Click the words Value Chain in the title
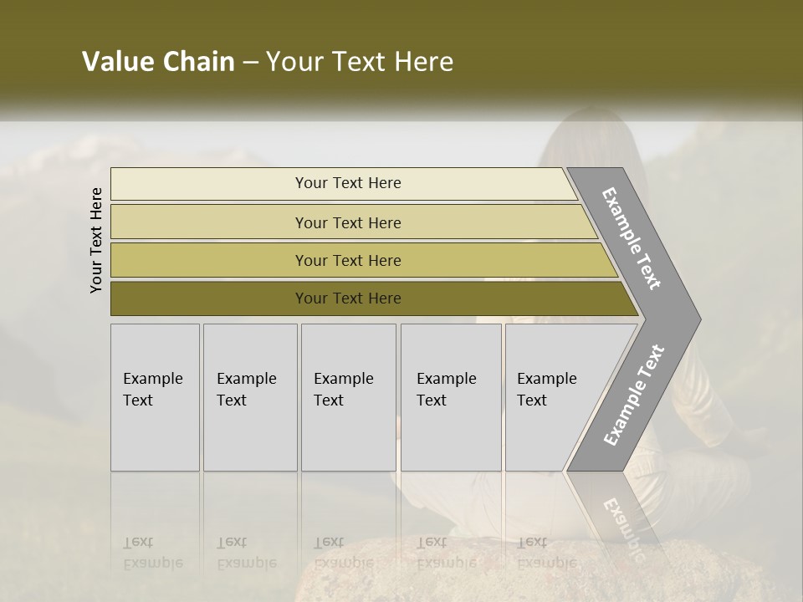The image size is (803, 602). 158,62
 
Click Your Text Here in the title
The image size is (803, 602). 360,62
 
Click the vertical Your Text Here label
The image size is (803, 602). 96,241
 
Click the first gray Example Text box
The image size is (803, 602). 155,397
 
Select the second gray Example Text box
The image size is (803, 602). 249,397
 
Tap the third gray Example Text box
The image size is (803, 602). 348,397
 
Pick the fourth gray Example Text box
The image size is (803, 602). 450,397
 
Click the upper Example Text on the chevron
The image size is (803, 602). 632,238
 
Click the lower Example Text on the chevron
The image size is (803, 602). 633,395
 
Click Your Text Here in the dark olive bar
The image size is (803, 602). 348,298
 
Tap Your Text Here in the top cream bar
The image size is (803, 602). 348,183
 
